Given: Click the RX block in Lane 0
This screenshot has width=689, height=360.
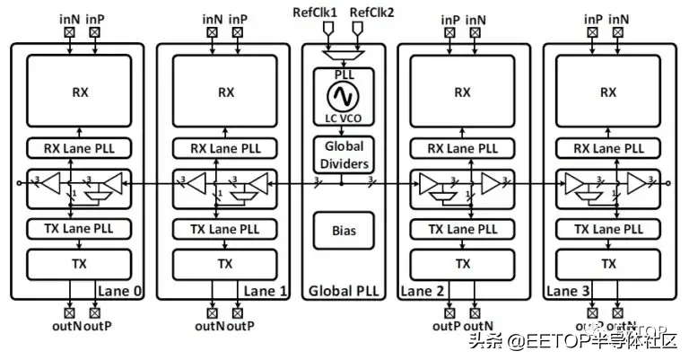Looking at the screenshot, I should pos(78,92).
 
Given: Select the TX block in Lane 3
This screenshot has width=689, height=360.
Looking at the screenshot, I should pos(607,263).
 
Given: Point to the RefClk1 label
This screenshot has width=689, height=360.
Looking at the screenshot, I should pos(315,12).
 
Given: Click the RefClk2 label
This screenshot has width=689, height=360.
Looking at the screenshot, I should pos(371,12).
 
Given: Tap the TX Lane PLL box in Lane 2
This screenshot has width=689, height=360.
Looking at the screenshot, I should pos(461,228).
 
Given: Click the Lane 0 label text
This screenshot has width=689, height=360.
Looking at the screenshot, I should pos(121,291).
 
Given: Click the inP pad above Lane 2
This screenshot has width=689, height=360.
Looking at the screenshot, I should pos(449,33).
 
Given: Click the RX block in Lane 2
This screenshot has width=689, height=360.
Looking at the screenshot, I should pos(461,92).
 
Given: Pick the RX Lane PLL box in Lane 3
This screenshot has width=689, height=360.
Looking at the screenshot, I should pos(607,148).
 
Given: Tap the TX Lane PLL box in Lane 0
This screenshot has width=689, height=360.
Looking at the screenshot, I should pos(78,228).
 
